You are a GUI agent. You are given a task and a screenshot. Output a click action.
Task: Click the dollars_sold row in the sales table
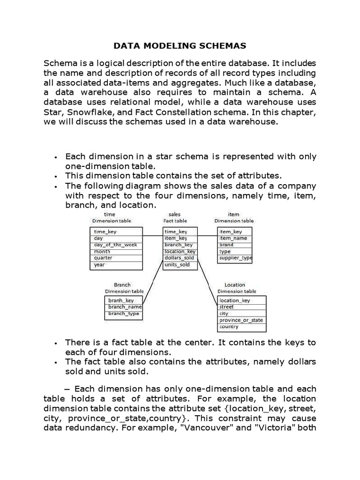[180, 258]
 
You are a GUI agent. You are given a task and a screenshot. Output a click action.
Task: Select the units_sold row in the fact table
[180, 265]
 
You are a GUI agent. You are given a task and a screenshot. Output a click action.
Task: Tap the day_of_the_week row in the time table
[116, 245]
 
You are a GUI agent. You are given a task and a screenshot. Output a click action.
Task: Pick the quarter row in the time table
[116, 258]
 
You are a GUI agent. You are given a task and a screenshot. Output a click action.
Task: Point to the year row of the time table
[116, 265]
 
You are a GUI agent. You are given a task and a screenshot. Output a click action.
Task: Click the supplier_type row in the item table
[235, 258]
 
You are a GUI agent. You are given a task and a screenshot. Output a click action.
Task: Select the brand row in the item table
[235, 245]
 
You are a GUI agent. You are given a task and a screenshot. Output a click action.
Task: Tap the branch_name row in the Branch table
[124, 307]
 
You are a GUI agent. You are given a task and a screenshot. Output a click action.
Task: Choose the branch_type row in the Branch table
[124, 314]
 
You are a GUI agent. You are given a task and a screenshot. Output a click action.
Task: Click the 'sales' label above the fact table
[174, 214]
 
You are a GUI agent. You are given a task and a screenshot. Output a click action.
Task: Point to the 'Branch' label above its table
[122, 285]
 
